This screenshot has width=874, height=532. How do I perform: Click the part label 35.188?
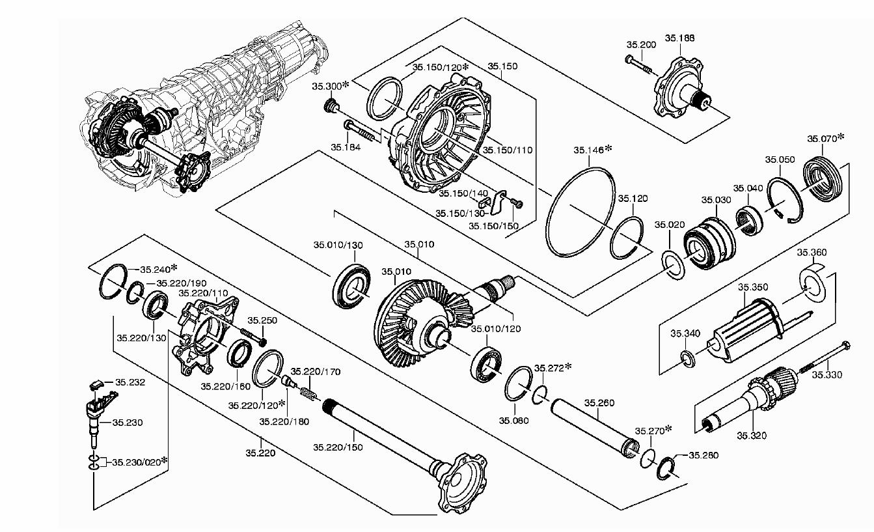point(679,38)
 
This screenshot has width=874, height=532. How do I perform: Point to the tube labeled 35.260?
point(594,429)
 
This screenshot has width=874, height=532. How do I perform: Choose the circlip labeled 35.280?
point(666,468)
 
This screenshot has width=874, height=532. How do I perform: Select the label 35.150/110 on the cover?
point(508,150)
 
